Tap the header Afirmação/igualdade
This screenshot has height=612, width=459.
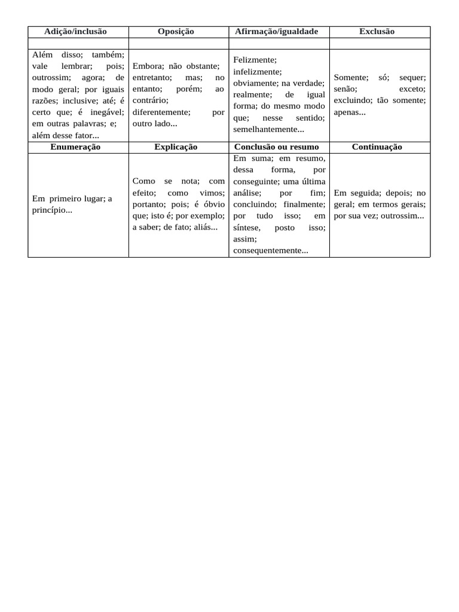click(x=277, y=32)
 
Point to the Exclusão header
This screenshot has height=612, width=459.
click(x=377, y=32)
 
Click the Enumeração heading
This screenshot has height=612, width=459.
click(x=75, y=147)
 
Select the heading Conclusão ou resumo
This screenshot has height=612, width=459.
click(x=277, y=147)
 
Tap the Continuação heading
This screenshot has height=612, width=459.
click(x=377, y=147)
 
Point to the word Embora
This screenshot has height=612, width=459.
click(x=143, y=66)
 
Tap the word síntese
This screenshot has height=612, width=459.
click(x=246, y=228)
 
